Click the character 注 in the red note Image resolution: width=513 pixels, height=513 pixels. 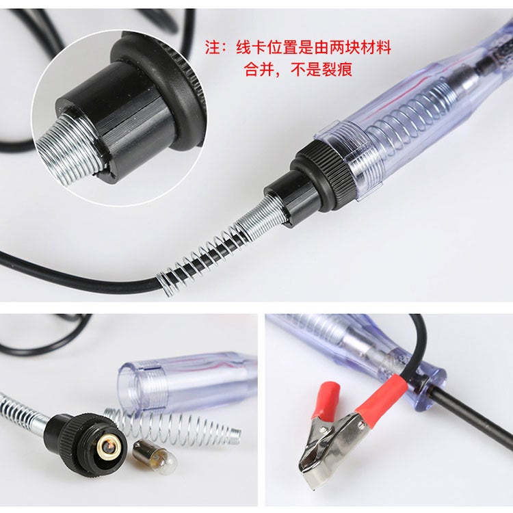(x=214, y=48)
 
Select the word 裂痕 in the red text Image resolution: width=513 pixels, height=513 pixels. (x=339, y=69)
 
